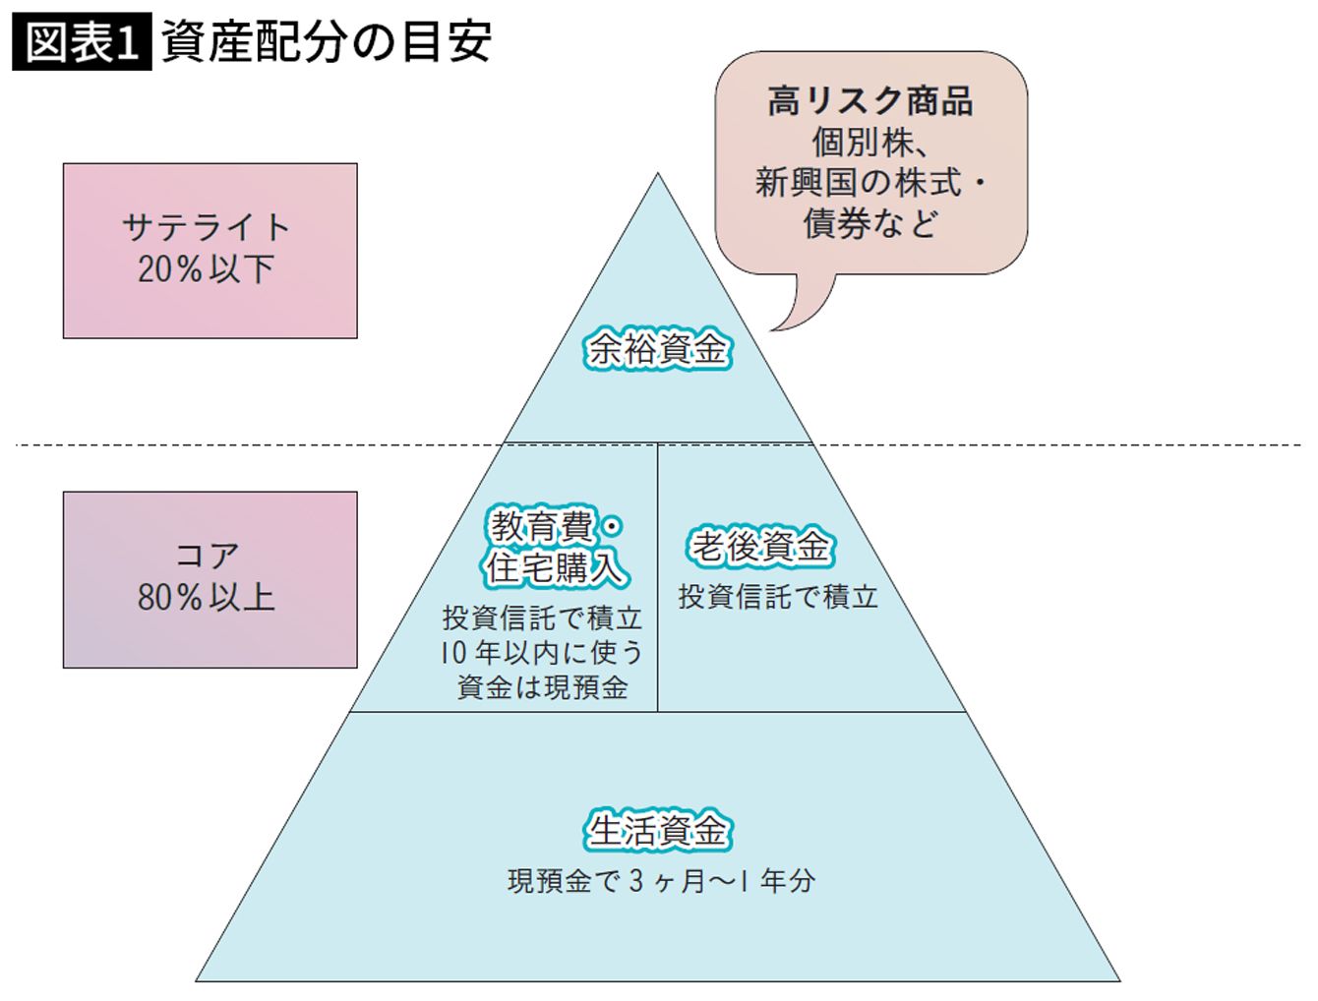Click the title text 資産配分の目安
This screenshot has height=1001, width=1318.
coord(326,43)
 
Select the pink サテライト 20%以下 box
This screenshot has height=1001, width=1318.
coord(210,251)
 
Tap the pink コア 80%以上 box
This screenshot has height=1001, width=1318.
coord(210,579)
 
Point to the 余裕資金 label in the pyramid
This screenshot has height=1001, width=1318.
coord(658,349)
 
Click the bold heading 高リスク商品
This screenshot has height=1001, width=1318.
coord(869,101)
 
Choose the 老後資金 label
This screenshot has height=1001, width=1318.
coord(760,547)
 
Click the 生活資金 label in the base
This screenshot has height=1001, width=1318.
coord(658,830)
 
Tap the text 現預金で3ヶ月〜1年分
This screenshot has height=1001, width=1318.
coord(661,881)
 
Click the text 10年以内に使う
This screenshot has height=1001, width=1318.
coord(542,653)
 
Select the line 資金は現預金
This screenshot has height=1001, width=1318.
coord(542,686)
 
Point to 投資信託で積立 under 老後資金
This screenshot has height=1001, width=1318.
coord(777,597)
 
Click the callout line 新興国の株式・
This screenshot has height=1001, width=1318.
coord(869,183)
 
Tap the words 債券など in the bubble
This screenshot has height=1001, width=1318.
coord(869,224)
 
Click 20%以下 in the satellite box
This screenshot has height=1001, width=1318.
coord(206,268)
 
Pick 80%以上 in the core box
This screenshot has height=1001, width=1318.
coord(206,597)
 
